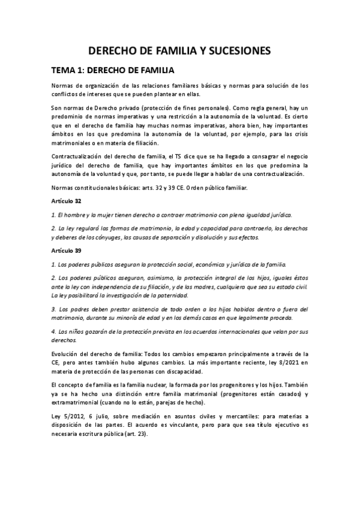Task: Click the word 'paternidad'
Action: pos(172,295)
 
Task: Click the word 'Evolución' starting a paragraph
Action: pos(66,353)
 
